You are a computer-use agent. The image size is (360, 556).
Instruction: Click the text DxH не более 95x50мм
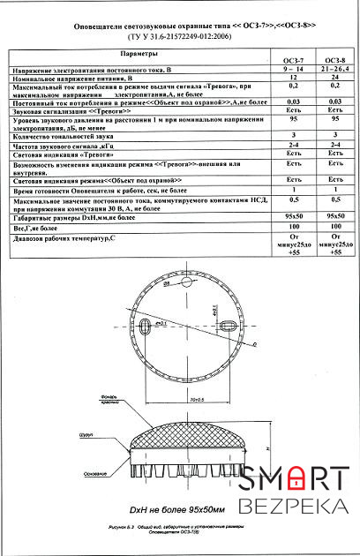coord(176,510)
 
